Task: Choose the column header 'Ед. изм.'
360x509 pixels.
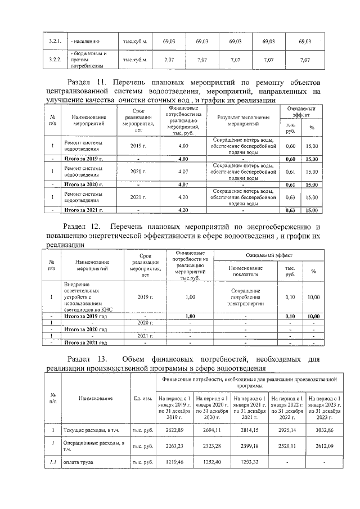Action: (143, 398)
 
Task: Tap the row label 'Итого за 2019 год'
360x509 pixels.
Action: (87, 316)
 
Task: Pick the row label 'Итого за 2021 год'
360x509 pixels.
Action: (87, 342)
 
